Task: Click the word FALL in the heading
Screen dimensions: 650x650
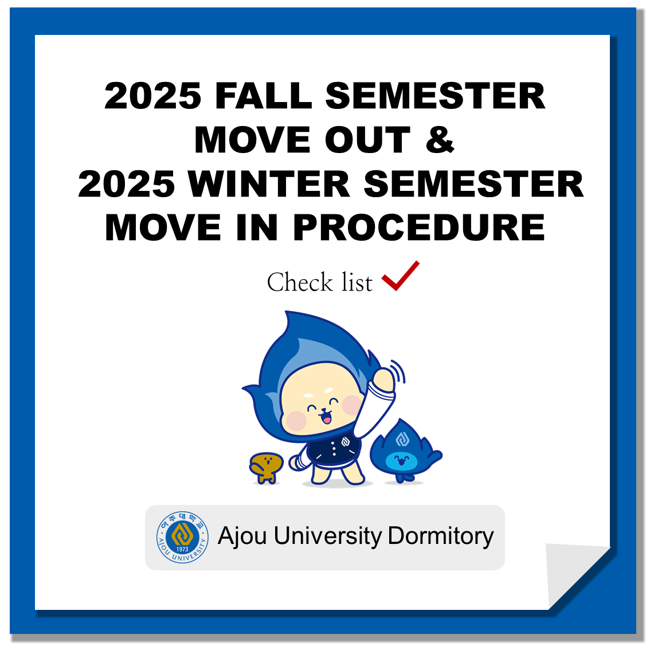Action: pos(264,96)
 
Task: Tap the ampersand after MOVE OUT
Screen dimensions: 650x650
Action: pos(440,140)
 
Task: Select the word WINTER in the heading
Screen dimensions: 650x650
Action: pos(269,184)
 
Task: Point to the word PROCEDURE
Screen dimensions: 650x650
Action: pos(419,228)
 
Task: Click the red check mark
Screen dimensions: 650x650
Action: pos(401,276)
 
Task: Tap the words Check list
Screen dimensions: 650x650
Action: pos(320,283)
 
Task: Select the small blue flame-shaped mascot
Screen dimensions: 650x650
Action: pos(405,451)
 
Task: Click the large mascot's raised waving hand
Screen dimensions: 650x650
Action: pos(383,378)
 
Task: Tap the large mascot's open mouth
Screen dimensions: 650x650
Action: pos(327,417)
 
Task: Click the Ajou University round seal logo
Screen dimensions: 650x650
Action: pos(182,537)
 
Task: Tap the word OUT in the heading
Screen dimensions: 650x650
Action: pos(367,140)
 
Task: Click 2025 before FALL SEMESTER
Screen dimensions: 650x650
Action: pos(153,96)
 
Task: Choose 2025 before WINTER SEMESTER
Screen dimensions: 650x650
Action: pos(127,184)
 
